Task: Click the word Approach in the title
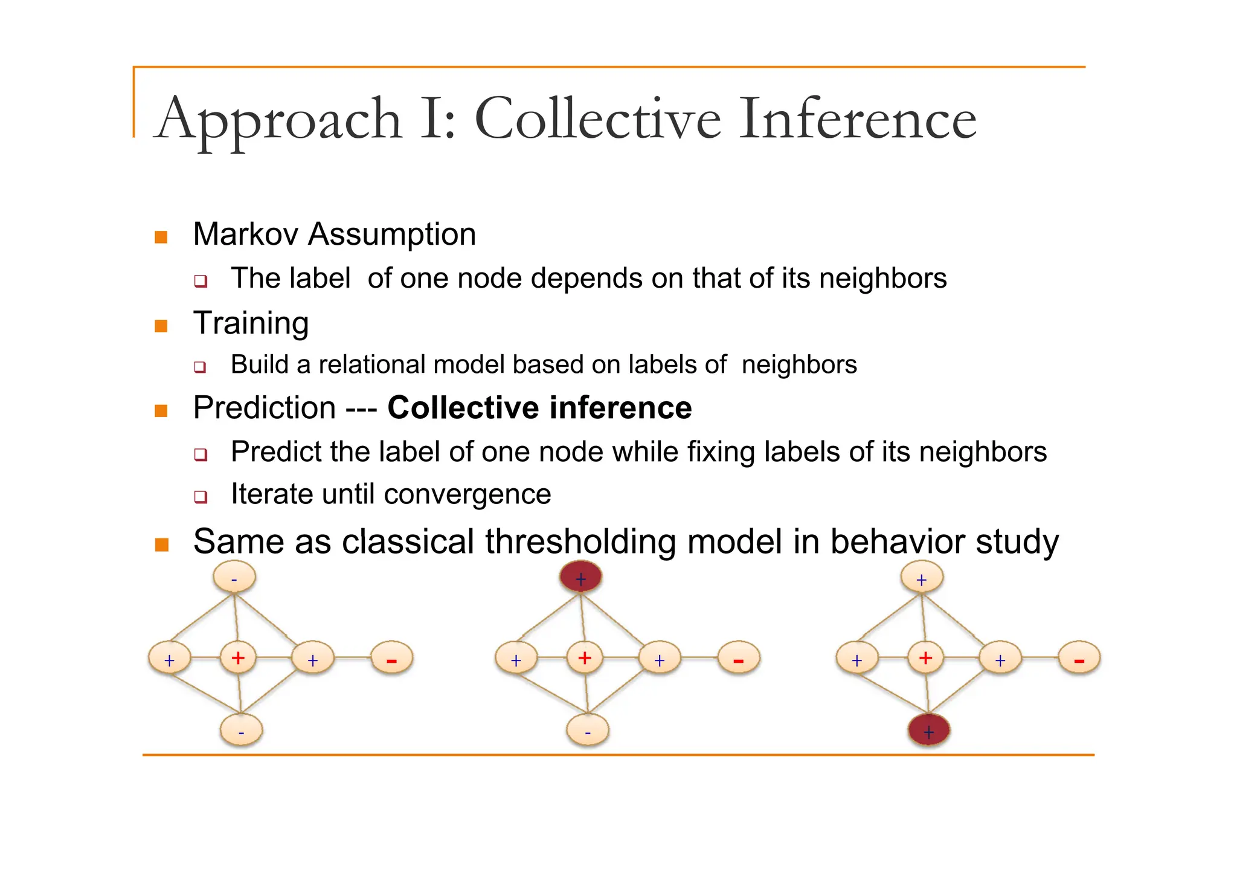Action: (278, 120)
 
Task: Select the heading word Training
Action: (251, 323)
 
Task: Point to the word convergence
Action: (467, 495)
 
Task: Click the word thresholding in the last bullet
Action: (580, 541)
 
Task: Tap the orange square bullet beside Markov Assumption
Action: (161, 236)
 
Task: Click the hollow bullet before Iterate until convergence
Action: (201, 497)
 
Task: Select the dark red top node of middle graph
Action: (580, 576)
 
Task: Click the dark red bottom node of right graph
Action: (928, 730)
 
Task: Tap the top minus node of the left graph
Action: (234, 577)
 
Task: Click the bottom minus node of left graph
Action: (241, 730)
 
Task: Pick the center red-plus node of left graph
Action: (238, 657)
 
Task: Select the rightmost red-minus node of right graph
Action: (1079, 658)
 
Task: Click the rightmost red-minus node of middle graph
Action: (738, 658)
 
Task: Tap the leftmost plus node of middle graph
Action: (516, 659)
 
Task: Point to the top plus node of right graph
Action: (922, 578)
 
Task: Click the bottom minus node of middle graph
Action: (588, 730)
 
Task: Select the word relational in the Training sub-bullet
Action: (371, 365)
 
